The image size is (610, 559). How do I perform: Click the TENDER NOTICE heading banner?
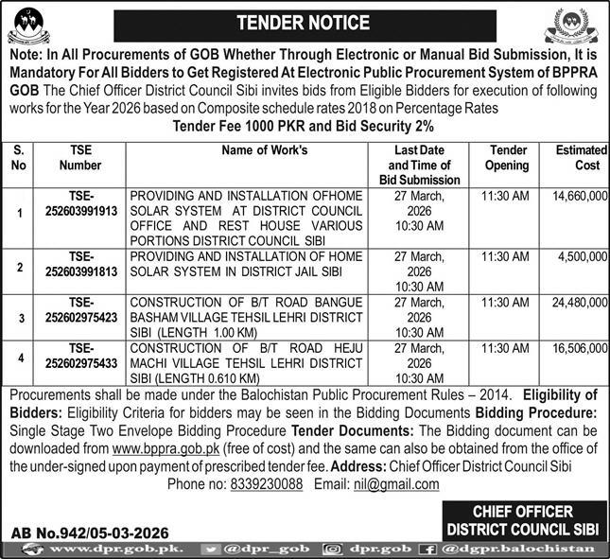(x=304, y=20)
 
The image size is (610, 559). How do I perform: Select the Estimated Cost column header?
(x=577, y=157)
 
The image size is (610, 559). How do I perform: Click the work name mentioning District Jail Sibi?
(x=246, y=264)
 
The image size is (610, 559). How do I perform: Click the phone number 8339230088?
(x=268, y=483)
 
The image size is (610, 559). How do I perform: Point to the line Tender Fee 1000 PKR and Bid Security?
(x=304, y=126)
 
